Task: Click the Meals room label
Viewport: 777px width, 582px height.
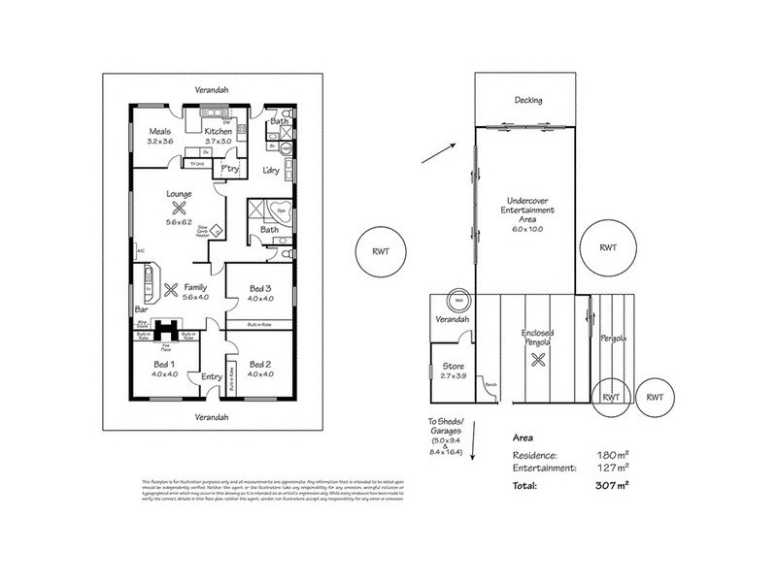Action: pyautogui.click(x=159, y=131)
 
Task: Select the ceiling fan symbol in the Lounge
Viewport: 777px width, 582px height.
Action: pyautogui.click(x=179, y=207)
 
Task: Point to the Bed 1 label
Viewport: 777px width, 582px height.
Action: pyautogui.click(x=163, y=365)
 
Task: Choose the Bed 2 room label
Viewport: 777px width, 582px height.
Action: pyautogui.click(x=259, y=365)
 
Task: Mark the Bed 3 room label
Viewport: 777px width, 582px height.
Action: pyautogui.click(x=259, y=288)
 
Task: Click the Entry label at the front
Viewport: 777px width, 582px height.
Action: pyautogui.click(x=211, y=377)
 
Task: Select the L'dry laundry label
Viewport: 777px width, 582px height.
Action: pyautogui.click(x=272, y=171)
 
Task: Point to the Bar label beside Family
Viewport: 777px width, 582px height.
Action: pyautogui.click(x=142, y=310)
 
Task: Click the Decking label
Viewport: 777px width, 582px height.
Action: pyautogui.click(x=528, y=100)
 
